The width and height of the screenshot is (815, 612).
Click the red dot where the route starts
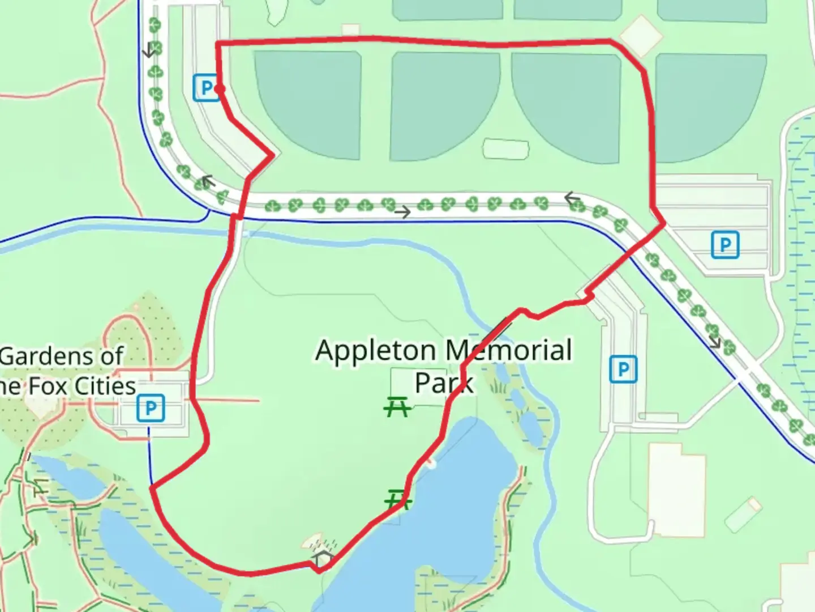(220, 88)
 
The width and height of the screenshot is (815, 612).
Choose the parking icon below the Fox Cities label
(151, 408)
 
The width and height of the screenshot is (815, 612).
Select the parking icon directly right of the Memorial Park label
(623, 369)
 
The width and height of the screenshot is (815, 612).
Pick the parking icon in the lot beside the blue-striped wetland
(725, 245)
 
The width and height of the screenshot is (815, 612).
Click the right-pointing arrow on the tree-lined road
(402, 212)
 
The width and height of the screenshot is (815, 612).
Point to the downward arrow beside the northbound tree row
(149, 51)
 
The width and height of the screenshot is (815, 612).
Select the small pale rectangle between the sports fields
(505, 148)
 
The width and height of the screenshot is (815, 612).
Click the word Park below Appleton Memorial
(444, 383)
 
